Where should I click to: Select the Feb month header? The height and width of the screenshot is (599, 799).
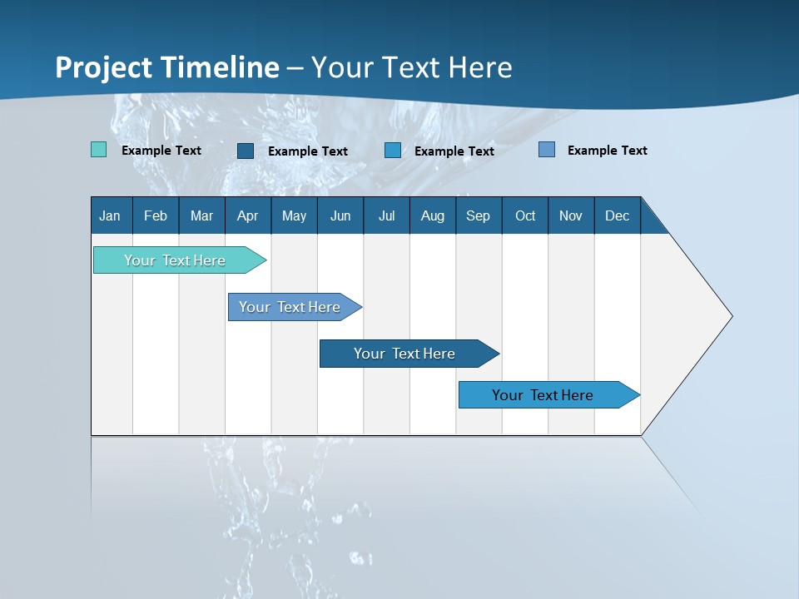click(156, 215)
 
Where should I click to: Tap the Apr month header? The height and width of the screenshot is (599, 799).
click(248, 215)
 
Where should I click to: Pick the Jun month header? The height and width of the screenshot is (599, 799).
click(340, 215)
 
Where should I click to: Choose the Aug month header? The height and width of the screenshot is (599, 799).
click(433, 215)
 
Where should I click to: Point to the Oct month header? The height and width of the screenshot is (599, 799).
click(525, 215)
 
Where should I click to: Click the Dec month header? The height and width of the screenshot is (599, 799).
click(617, 215)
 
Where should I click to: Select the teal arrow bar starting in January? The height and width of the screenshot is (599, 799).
click(180, 260)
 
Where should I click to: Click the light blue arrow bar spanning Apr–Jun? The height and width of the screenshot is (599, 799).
click(295, 307)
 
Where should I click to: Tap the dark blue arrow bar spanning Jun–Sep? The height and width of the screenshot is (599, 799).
click(409, 354)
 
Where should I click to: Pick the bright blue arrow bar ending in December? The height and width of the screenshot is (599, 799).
click(549, 394)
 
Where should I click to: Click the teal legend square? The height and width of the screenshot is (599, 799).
click(98, 149)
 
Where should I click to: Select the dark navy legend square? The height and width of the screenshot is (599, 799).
click(246, 151)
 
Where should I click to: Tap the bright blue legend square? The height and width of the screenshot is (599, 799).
click(392, 151)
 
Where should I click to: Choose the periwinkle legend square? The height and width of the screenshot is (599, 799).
click(547, 149)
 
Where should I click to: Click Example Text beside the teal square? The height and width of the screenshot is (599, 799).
click(161, 151)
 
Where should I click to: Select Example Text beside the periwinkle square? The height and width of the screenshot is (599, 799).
click(608, 151)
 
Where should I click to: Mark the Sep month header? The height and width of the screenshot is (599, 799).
click(479, 215)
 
